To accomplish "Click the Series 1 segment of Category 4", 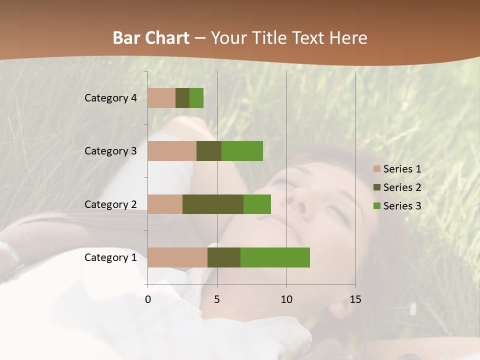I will (161, 98).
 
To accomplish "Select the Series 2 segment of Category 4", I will (182, 98).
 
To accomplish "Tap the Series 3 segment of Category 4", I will (196, 98).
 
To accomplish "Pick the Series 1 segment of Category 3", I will (172, 151).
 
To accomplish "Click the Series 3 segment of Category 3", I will (242, 151).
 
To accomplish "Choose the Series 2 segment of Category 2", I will (213, 204).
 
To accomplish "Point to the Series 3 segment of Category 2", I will (257, 204).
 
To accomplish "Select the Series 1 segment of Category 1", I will (177, 257).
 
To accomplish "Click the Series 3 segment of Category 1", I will (275, 257).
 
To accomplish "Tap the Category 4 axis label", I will (110, 98).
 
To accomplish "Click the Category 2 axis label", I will (110, 204).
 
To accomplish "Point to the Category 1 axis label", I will (110, 257).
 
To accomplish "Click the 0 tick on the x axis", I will (148, 299).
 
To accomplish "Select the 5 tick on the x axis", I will (217, 299).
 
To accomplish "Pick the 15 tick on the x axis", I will (355, 299).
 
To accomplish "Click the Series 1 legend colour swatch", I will (376, 169).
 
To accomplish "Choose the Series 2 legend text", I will (402, 187).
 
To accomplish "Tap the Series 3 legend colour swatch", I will (376, 206).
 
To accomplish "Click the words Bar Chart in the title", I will (151, 38).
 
